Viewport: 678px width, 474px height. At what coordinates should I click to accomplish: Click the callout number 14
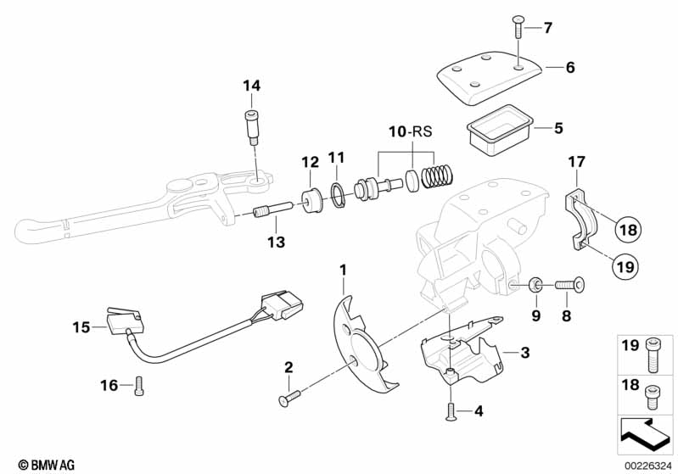(x=251, y=86)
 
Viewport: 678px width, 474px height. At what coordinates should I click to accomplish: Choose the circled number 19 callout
(x=625, y=266)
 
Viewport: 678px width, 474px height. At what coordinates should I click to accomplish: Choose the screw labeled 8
(x=569, y=287)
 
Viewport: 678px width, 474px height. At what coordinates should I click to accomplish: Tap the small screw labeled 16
(x=139, y=385)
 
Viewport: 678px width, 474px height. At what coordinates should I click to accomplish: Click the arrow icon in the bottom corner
(x=646, y=430)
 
